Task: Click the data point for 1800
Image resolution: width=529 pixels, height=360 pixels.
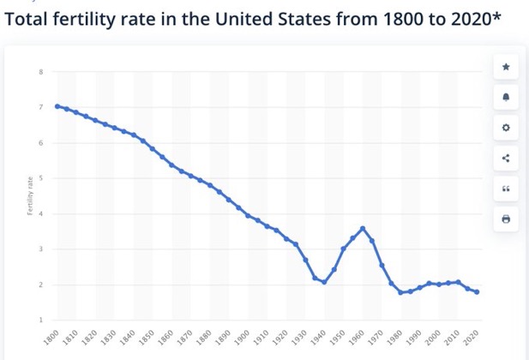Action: pyautogui.click(x=57, y=106)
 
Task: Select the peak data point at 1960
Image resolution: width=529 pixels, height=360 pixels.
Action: pyautogui.click(x=364, y=228)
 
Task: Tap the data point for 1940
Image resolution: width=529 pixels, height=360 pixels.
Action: pyautogui.click(x=324, y=282)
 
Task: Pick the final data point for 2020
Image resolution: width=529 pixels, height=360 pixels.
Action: pyautogui.click(x=478, y=292)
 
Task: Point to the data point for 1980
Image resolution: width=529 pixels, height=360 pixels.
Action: pyautogui.click(x=401, y=293)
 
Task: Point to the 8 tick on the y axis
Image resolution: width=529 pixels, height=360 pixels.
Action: pyautogui.click(x=40, y=71)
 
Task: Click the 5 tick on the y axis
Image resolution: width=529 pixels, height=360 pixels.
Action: pyautogui.click(x=40, y=178)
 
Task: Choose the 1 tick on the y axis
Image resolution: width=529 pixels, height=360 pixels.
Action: pyautogui.click(x=40, y=320)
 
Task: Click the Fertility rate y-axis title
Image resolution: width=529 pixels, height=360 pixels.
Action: pyautogui.click(x=29, y=195)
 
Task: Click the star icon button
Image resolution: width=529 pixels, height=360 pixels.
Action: pyautogui.click(x=505, y=66)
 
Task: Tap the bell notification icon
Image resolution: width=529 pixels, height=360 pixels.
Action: pyautogui.click(x=505, y=97)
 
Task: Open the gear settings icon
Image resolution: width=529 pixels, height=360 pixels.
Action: pyautogui.click(x=505, y=128)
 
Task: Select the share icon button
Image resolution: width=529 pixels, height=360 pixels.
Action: pyautogui.click(x=505, y=158)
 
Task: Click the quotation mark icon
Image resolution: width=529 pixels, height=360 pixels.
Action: pyautogui.click(x=505, y=189)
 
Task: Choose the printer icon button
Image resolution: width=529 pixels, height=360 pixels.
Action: pyautogui.click(x=505, y=219)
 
